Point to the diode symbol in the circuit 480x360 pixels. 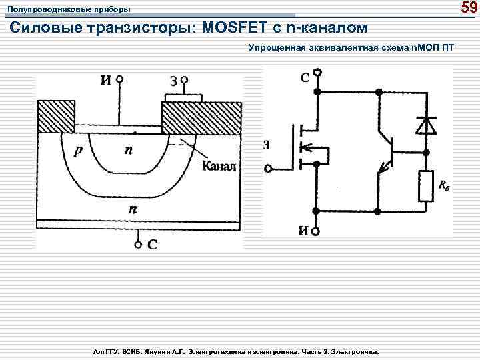click(425, 125)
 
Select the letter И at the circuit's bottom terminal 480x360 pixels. click(303, 231)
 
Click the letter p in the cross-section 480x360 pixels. click(79, 151)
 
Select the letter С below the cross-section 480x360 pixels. click(152, 244)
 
